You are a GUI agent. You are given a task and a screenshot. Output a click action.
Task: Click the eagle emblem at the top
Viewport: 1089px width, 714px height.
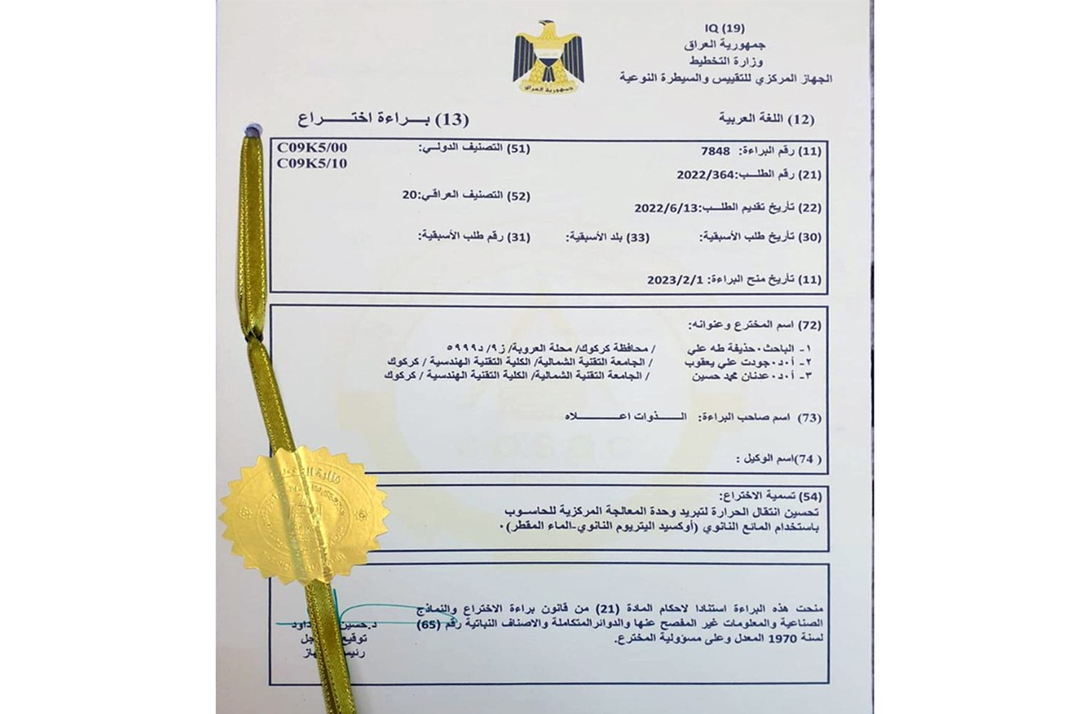548,59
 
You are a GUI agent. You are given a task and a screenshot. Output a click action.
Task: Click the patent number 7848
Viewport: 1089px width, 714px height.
714,151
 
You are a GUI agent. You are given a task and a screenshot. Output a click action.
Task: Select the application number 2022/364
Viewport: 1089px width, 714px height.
704,175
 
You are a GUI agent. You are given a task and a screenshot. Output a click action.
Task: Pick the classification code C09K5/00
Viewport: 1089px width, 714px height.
312,148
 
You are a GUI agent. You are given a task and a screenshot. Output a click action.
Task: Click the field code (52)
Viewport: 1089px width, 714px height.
518,196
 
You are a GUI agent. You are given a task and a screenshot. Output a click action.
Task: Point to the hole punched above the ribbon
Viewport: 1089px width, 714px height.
252,131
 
